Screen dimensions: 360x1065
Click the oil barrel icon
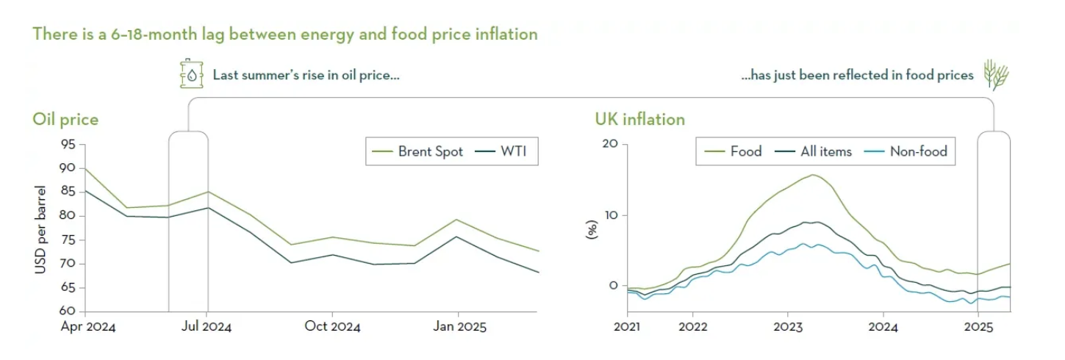tap(191, 74)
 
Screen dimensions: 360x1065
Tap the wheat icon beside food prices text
tap(996, 75)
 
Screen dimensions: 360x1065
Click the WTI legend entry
tap(515, 152)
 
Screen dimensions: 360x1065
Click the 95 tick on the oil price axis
tap(68, 145)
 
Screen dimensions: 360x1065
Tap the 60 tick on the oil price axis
tap(68, 312)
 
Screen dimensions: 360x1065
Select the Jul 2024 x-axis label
tap(207, 326)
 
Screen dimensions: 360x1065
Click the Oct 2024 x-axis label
tap(332, 326)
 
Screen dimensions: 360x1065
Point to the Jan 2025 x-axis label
tap(458, 326)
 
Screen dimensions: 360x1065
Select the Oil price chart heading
tap(65, 119)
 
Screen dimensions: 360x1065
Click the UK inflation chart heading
tap(640, 119)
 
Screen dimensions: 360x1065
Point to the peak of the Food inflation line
tap(813, 175)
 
